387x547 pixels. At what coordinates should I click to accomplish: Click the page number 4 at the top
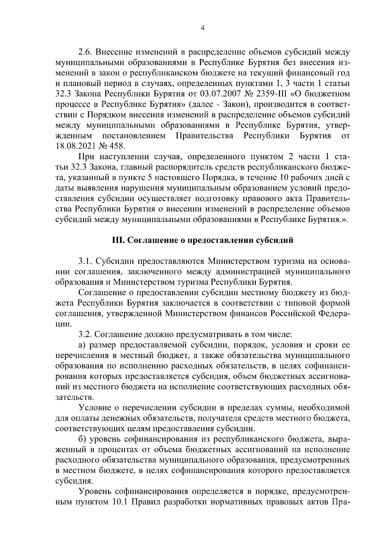click(x=202, y=28)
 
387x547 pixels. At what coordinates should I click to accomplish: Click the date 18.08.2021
click(x=74, y=146)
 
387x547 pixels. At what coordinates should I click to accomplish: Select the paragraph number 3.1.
click(x=85, y=261)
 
